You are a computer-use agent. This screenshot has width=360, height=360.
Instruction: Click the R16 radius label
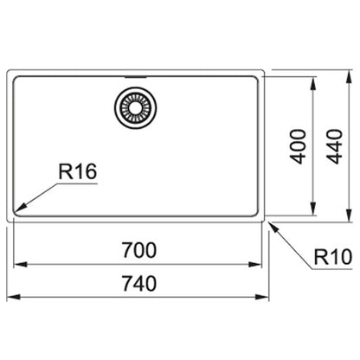pos(78,171)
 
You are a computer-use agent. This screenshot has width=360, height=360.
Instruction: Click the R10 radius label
pos(333,257)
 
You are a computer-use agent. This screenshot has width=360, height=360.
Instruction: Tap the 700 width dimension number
pos(139,250)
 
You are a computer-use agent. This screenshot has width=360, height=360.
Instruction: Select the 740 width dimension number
pos(139,284)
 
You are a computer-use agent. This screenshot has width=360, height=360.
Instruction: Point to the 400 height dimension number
pos(298,147)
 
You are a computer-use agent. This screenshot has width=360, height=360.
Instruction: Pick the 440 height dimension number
pos(335,147)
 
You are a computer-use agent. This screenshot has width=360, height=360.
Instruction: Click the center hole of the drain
pos(135,107)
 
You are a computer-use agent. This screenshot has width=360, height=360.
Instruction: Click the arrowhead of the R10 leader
pos(274,227)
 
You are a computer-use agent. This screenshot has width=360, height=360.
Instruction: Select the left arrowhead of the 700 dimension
pos(21,264)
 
